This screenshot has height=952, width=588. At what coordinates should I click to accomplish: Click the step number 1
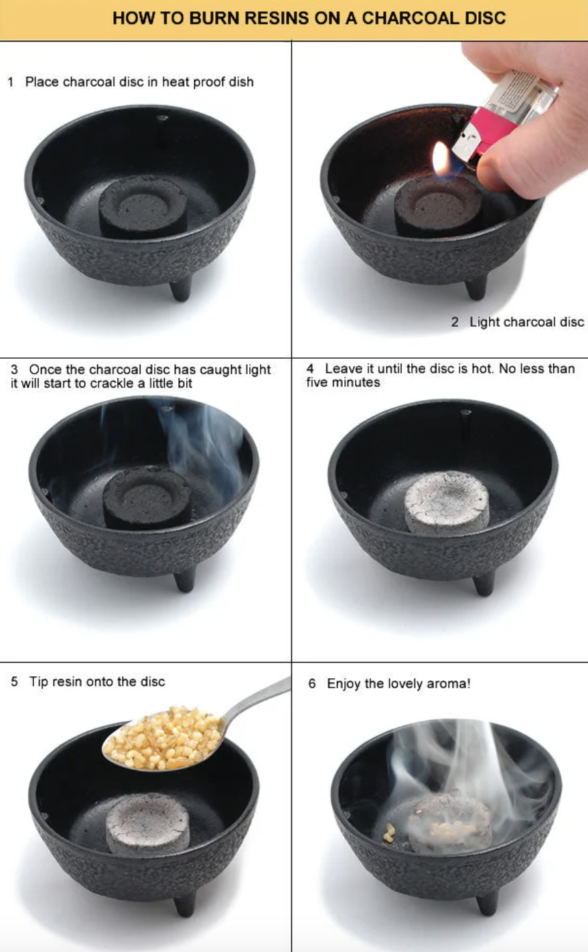click(11, 82)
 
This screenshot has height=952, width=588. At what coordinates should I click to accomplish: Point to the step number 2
click(455, 322)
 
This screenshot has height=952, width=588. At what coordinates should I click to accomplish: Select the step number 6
click(312, 684)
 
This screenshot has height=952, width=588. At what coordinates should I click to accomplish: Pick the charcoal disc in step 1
click(143, 206)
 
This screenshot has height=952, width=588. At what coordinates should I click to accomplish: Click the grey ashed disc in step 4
click(447, 501)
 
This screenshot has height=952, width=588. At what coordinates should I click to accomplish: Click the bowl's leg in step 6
click(488, 900)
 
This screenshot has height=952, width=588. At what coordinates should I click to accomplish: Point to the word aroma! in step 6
click(448, 684)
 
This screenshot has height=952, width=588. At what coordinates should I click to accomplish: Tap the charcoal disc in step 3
click(147, 496)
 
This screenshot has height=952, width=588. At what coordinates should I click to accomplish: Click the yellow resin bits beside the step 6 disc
click(388, 832)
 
